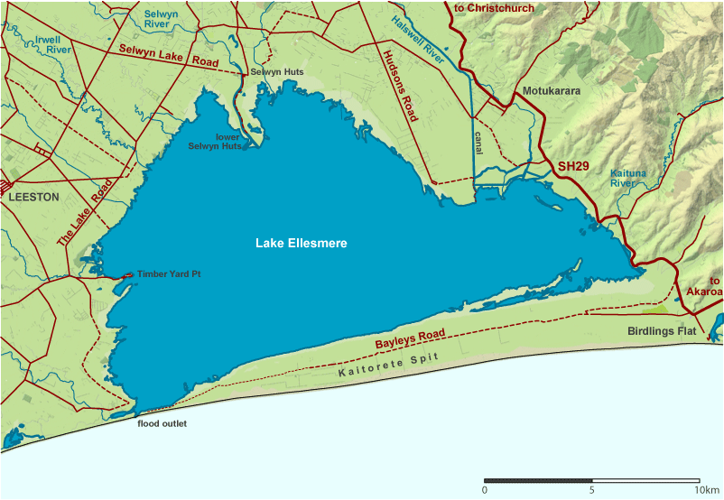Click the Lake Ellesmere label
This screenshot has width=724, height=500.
301,244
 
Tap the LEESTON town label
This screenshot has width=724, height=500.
33,196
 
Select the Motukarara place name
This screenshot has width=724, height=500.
549,92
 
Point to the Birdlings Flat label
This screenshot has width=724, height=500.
663,331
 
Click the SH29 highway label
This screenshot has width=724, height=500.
574,167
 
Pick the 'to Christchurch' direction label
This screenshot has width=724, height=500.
494,8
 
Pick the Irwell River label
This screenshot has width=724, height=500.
47,44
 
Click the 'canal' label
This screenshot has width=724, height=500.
478,143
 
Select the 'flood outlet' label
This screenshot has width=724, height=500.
162,423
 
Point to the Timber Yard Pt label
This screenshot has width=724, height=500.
168,273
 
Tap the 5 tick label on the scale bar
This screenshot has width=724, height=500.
592,489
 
